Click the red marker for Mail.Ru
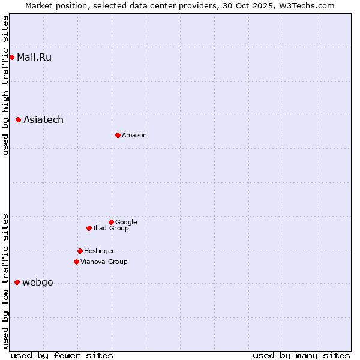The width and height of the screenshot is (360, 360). point(11,58)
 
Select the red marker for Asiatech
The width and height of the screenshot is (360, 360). point(18,120)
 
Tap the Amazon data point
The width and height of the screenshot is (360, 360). point(118,135)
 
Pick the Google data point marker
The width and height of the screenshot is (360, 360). point(111,222)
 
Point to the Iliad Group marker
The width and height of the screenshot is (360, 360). point(89,228)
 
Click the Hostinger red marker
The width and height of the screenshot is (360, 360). point(80,251)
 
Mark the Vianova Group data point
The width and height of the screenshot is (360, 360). point(76,262)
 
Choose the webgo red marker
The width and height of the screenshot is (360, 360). point(17,283)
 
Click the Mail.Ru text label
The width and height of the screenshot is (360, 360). point(34,58)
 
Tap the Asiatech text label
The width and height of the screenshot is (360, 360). point(43,120)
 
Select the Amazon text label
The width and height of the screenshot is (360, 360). point(134,136)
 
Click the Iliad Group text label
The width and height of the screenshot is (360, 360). point(111,229)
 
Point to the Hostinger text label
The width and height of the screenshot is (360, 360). point(99,251)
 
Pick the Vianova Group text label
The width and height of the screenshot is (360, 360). point(104,262)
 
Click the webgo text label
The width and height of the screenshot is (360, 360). point(38,283)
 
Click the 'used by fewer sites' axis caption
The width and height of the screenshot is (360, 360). point(62,355)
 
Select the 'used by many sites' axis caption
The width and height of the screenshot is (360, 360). point(301,355)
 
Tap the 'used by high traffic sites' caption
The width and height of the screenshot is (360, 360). point(6,85)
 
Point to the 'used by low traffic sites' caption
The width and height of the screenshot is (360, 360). point(6,281)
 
